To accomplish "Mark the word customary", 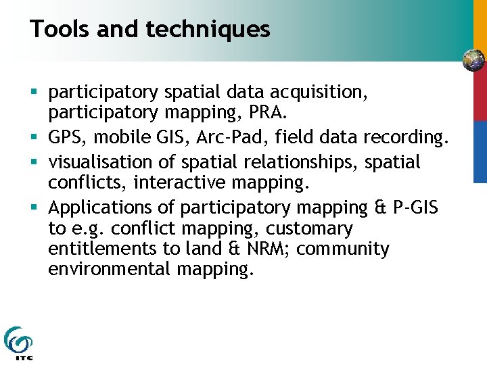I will (305, 228).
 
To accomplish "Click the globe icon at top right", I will (473, 60).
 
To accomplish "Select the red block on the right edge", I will (480, 97).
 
